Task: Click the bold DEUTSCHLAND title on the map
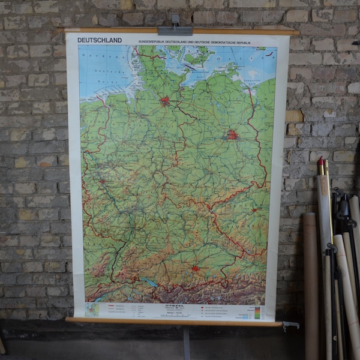tap(100, 40)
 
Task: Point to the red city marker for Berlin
tap(232, 135)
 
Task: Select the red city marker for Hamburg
tap(164, 101)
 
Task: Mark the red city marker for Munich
tap(195, 268)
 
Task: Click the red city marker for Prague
tap(254, 210)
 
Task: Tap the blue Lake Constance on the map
tap(151, 282)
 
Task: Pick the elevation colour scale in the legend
tap(257, 312)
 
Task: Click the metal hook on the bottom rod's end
tap(291, 326)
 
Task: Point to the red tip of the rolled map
tap(321, 161)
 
